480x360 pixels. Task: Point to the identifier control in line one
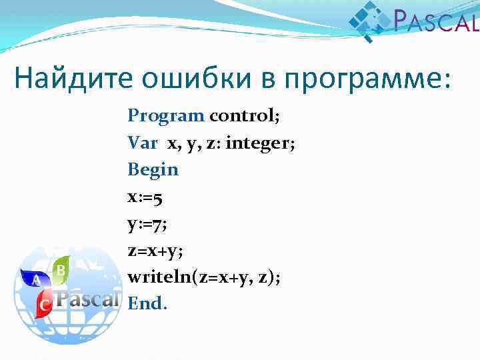point(245,115)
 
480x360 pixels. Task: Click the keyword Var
point(143,143)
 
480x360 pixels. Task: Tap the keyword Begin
point(153,170)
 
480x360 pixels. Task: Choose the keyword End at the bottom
point(147,303)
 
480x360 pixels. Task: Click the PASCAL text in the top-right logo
point(436,22)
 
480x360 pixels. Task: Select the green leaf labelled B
point(61,269)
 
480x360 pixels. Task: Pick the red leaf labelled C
point(45,305)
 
